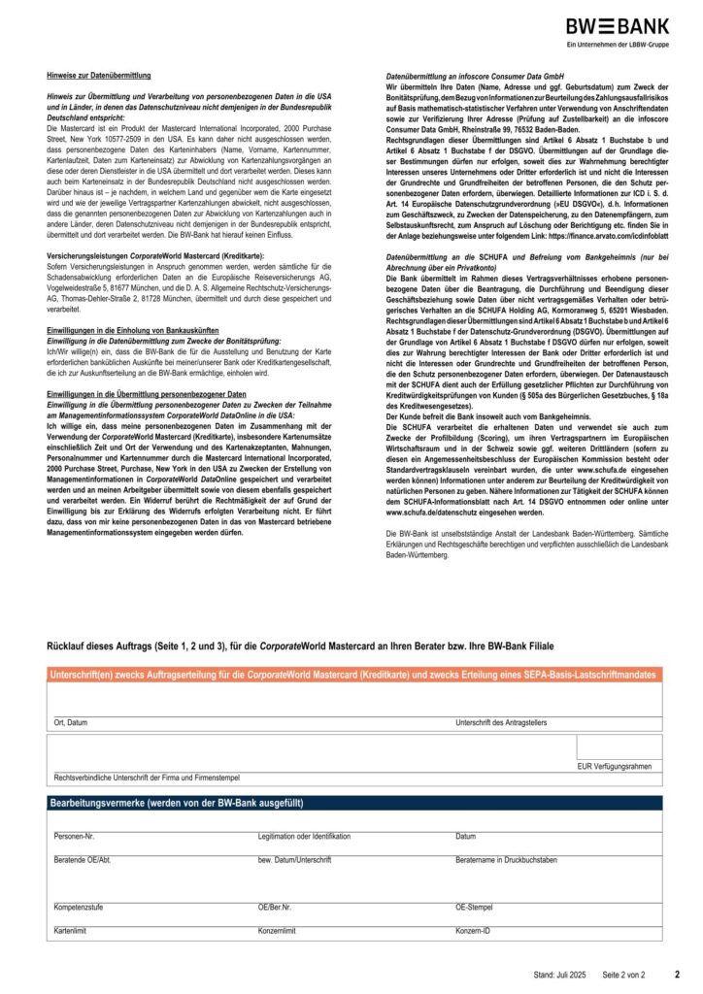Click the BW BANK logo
(617, 27)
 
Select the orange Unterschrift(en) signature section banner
(353, 674)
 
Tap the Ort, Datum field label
(71, 723)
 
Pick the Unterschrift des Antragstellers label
(501, 723)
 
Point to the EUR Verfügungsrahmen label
(614, 767)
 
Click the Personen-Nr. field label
(75, 836)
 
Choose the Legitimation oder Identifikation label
(304, 836)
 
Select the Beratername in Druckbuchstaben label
(506, 860)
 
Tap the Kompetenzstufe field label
(80, 907)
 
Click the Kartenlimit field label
(71, 931)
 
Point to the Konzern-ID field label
(475, 931)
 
